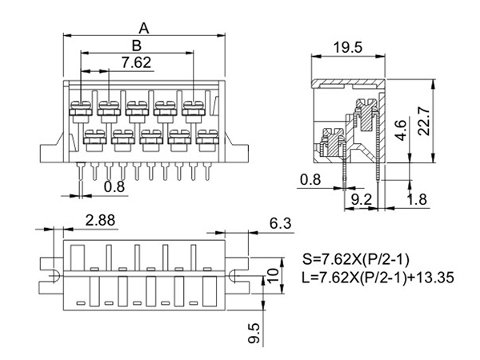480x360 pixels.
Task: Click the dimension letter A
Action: coord(144,29)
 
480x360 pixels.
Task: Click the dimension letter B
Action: coord(137,46)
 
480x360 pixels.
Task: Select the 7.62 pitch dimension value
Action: coord(137,62)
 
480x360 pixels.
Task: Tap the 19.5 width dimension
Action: coord(347,48)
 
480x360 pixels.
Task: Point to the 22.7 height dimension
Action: coord(424,121)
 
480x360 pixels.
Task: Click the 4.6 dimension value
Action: coord(401,130)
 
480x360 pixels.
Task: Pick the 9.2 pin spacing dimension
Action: coord(362,199)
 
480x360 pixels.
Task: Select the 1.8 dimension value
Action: coord(417,199)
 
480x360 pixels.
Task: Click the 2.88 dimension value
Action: coord(101,220)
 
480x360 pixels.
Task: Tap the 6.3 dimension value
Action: coord(281,223)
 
